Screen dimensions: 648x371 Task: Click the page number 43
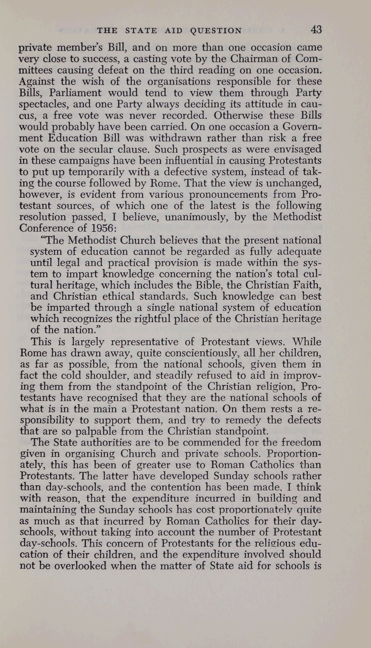316,30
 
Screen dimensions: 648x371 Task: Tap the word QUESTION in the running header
216,31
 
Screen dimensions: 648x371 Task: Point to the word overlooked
82,566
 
